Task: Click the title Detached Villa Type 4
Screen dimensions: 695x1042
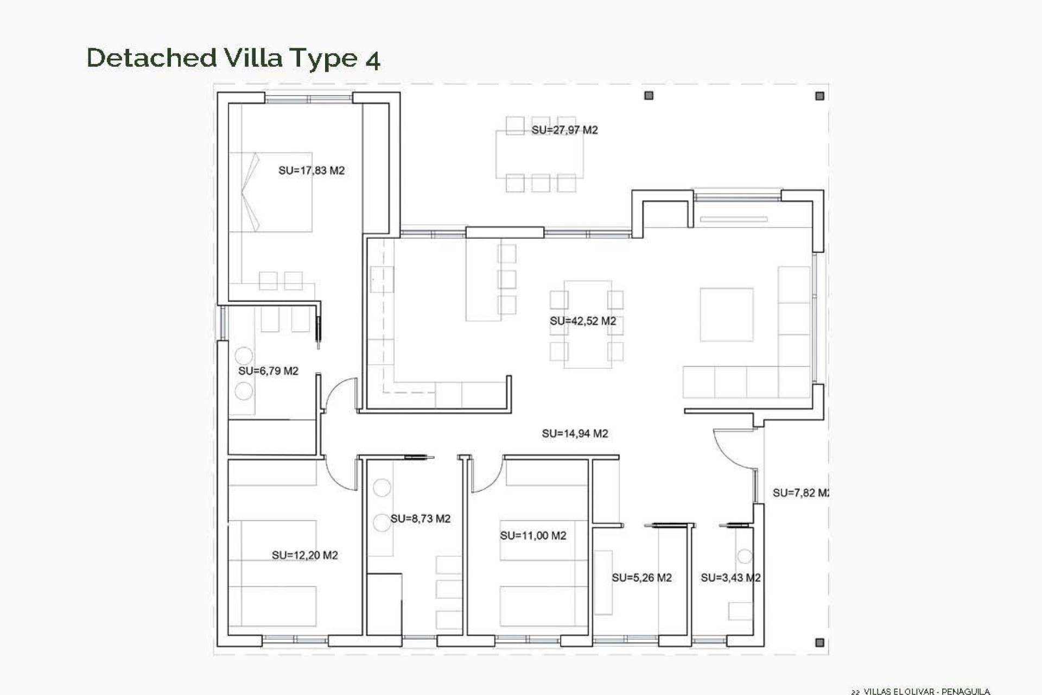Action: pyautogui.click(x=233, y=58)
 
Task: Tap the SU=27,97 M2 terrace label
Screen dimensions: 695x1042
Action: pyautogui.click(x=564, y=130)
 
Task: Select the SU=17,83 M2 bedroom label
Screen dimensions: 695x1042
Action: pyautogui.click(x=312, y=170)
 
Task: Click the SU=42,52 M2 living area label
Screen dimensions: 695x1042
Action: pyautogui.click(x=583, y=321)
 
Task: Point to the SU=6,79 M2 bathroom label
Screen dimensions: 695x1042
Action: pyautogui.click(x=268, y=371)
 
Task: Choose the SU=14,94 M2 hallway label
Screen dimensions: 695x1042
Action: pyautogui.click(x=575, y=433)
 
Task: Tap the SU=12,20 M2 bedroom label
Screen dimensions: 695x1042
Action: pyautogui.click(x=304, y=555)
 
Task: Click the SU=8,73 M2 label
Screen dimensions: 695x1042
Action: pyautogui.click(x=420, y=519)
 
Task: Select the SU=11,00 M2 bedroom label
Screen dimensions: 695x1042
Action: pyautogui.click(x=533, y=535)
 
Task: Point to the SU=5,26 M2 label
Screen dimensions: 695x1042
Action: pyautogui.click(x=641, y=578)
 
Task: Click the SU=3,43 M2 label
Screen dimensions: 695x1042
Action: pyautogui.click(x=730, y=578)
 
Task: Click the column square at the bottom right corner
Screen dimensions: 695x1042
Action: pyautogui.click(x=819, y=642)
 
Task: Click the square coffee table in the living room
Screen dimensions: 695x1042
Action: pyautogui.click(x=726, y=314)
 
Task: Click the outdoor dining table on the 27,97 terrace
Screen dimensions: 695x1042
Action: pyautogui.click(x=539, y=155)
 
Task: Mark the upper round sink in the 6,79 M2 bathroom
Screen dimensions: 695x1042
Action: pyautogui.click(x=244, y=356)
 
